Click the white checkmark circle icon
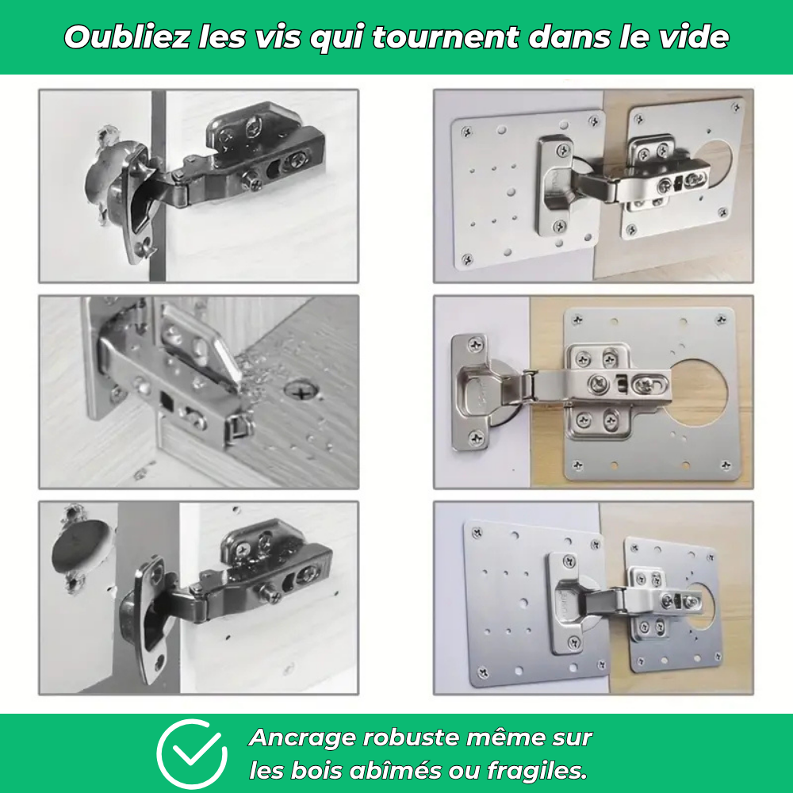[191, 753]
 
